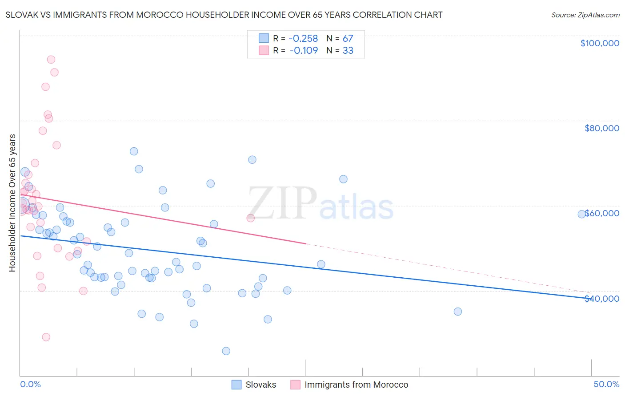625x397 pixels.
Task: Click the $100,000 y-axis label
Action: pyautogui.click(x=600, y=43)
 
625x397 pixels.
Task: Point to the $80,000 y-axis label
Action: pyautogui.click(x=601, y=128)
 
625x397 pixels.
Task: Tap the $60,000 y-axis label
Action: pyautogui.click(x=601, y=213)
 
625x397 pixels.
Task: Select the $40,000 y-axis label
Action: pyautogui.click(x=601, y=299)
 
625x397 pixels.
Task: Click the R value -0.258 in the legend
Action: pyautogui.click(x=304, y=38)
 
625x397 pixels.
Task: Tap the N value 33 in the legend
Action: pyautogui.click(x=348, y=51)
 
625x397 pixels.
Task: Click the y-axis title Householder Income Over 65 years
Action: pyautogui.click(x=12, y=203)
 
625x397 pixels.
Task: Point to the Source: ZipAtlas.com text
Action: pyautogui.click(x=585, y=15)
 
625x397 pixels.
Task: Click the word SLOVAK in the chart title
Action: pyautogui.click(x=23, y=15)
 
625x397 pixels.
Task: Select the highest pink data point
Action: pyautogui.click(x=51, y=60)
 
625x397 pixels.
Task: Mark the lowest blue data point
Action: pyautogui.click(x=226, y=351)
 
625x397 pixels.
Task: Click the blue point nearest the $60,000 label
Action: pyautogui.click(x=581, y=214)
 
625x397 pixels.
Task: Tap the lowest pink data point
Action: pyautogui.click(x=46, y=337)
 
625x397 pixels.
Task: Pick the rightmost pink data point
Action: pyautogui.click(x=250, y=218)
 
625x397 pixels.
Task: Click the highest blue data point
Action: pyautogui.click(x=134, y=151)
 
